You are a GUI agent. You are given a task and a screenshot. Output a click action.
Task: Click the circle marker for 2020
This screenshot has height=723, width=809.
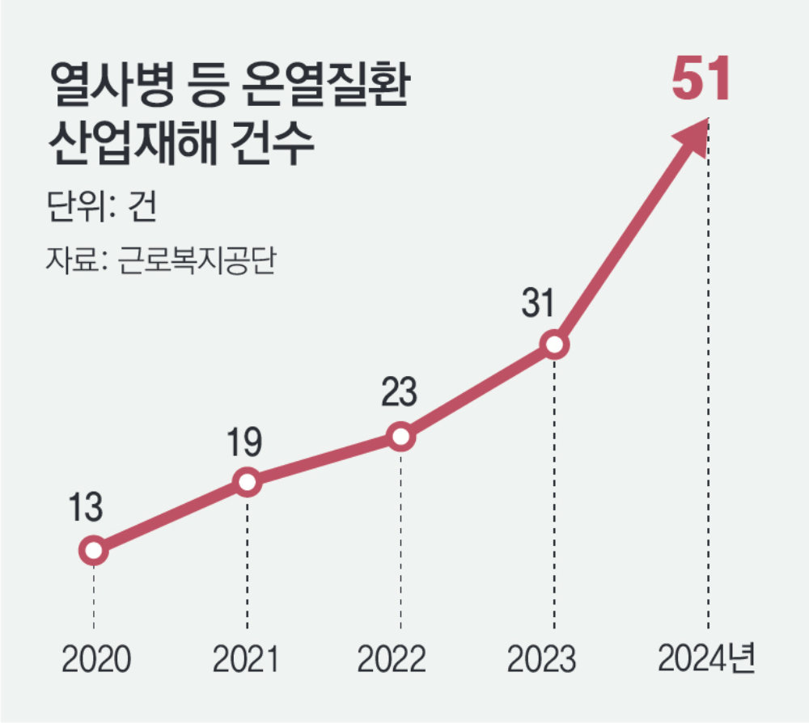[x=94, y=551]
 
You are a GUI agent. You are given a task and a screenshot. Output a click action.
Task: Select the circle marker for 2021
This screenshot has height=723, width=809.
[x=248, y=482]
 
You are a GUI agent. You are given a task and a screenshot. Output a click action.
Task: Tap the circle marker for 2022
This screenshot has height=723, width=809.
[x=400, y=437]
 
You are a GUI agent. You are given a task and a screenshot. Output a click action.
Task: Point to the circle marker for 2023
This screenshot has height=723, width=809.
[x=554, y=345]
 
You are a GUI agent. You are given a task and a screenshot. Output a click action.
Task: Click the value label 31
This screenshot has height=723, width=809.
[x=536, y=303]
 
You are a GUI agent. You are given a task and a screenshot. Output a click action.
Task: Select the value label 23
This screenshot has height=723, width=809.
[x=399, y=393]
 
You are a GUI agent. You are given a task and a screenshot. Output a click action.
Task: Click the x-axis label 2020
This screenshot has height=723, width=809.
[x=95, y=662]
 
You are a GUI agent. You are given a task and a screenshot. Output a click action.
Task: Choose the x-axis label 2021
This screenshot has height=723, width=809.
[x=246, y=662]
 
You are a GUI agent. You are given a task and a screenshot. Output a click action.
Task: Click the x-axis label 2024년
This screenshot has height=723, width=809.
[x=705, y=660]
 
